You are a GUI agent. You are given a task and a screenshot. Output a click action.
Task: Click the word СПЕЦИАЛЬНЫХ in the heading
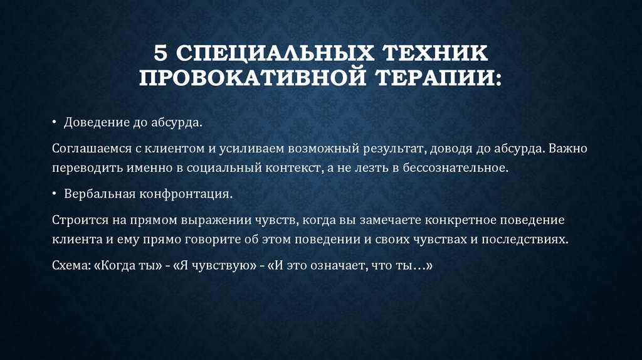point(263,54)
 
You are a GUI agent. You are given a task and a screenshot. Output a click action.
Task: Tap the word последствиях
point(517,239)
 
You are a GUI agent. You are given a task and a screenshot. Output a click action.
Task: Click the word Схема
point(69,265)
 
